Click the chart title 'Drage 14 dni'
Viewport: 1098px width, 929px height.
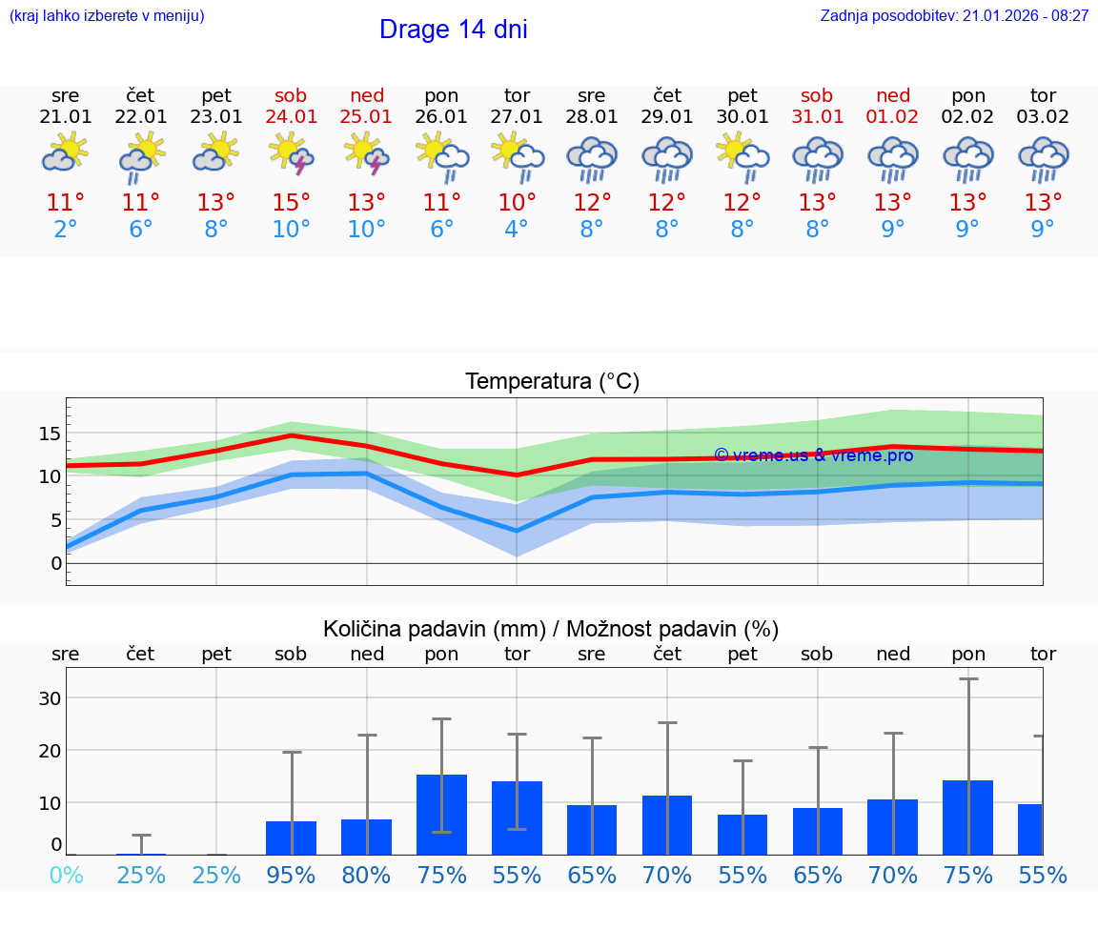coord(453,30)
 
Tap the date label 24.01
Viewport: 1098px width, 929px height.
coord(291,117)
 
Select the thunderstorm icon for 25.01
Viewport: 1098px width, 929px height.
coord(367,154)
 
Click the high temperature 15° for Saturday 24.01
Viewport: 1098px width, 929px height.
coord(291,203)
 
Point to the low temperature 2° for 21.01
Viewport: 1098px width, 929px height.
coord(66,230)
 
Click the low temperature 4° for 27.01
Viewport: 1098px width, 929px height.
coord(517,230)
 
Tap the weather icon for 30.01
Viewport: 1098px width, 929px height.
coord(742,154)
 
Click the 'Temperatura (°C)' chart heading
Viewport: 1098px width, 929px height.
coord(552,382)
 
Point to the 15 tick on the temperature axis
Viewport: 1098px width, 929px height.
coord(50,434)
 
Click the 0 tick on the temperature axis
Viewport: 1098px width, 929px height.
coord(55,563)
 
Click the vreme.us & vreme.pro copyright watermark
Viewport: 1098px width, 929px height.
coord(813,455)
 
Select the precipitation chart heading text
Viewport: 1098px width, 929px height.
coord(551,629)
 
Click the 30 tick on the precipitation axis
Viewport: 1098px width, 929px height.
coord(50,698)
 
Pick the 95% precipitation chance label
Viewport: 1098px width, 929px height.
coord(291,876)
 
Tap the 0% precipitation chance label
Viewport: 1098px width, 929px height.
coord(66,876)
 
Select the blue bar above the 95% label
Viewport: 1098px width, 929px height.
coord(291,838)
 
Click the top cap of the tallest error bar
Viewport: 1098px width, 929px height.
coord(968,679)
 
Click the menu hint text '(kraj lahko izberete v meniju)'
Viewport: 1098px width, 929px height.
coord(107,16)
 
